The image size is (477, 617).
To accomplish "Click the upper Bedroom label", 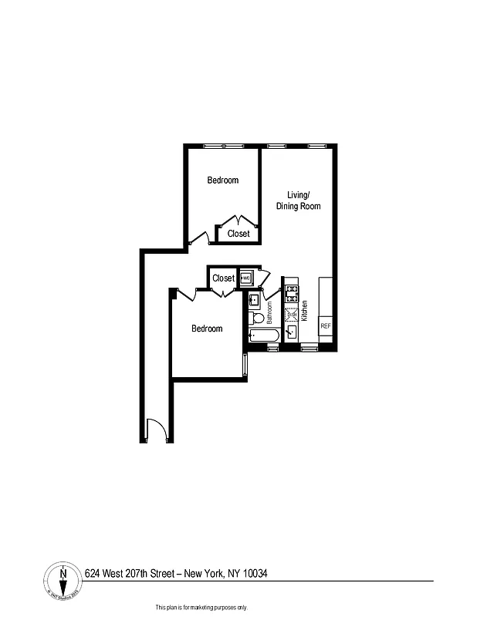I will click(223, 180).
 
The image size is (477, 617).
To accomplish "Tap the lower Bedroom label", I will click(207, 329).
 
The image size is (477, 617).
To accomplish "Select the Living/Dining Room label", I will click(299, 201).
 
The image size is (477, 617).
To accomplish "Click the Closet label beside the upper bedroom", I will click(238, 234).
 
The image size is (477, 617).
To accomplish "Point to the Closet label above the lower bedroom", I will click(223, 278).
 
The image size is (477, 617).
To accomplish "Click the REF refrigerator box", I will click(326, 326).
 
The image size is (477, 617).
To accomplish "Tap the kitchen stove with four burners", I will click(292, 293).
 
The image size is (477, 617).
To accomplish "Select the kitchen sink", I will click(292, 332).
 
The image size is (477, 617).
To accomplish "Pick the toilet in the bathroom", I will click(256, 318).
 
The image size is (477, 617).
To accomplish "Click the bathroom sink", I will click(255, 300).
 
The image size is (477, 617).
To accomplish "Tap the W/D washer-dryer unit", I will click(246, 278).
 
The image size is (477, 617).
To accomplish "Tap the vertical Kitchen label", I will click(305, 311).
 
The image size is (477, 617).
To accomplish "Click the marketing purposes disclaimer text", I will click(201, 607).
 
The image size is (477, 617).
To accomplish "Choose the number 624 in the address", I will click(93, 573).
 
